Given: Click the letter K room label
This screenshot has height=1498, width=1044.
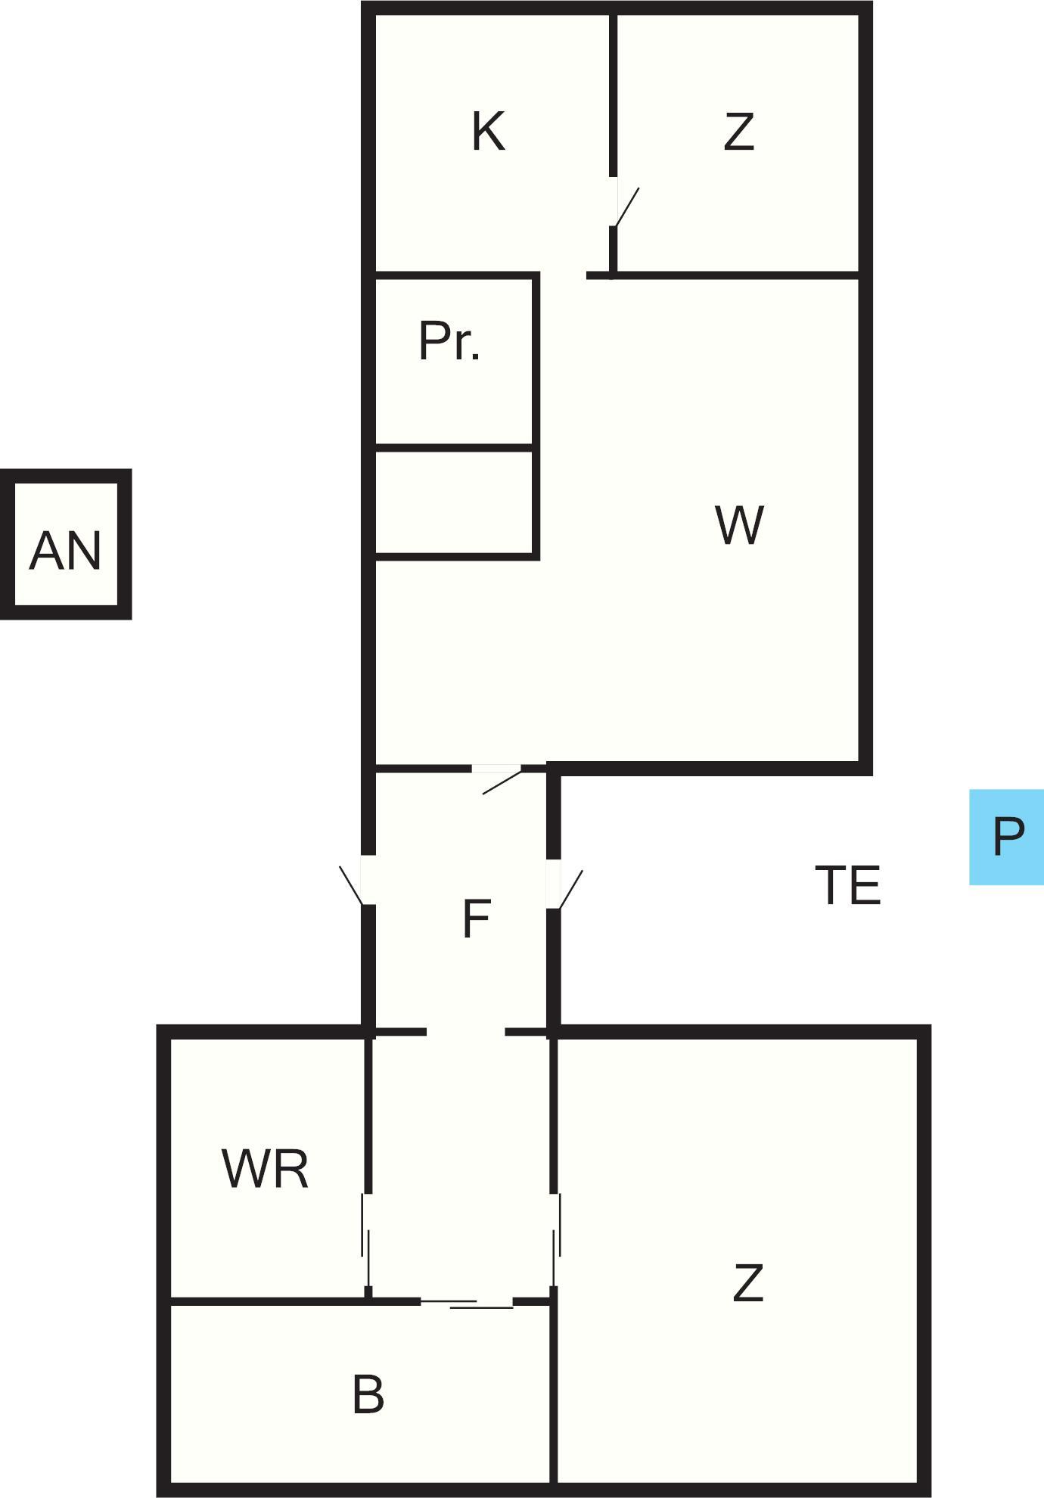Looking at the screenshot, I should click(x=488, y=132).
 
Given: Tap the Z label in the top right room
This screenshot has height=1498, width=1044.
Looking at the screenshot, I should click(x=739, y=132).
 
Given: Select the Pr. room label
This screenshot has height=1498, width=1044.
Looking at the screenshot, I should click(x=449, y=341).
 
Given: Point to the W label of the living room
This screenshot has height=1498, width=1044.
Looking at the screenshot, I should click(x=739, y=525).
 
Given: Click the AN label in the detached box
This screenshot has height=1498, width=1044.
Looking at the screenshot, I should click(x=65, y=551).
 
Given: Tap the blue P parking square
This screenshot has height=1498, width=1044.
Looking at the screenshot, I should click(x=1007, y=837).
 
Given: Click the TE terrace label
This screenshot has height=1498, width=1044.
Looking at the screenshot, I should click(x=848, y=885).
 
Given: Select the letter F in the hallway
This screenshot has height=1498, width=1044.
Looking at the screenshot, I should click(x=476, y=919).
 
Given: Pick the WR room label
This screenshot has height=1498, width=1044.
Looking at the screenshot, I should click(x=265, y=1170).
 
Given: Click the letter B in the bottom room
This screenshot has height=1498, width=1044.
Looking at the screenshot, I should click(x=368, y=1394).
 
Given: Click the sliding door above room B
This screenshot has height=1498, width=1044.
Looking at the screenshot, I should click(x=467, y=1303).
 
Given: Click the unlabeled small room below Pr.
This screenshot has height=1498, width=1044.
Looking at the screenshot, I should click(x=454, y=503).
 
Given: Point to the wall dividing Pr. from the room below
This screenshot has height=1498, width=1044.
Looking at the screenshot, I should click(x=454, y=448).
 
